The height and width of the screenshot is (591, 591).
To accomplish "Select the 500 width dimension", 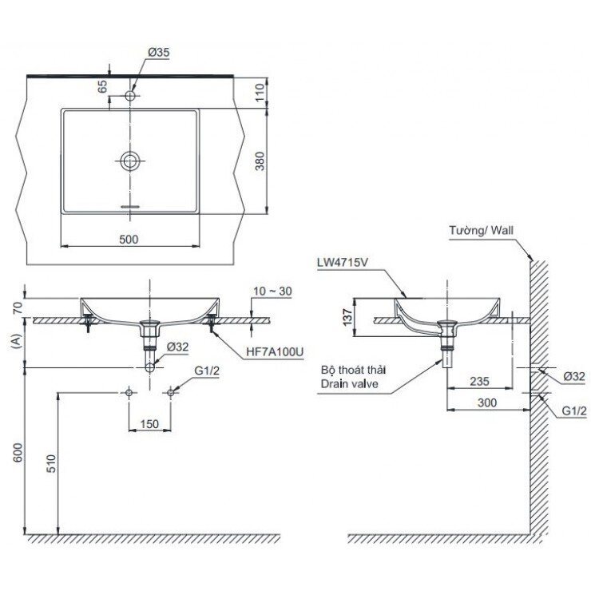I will (129, 239).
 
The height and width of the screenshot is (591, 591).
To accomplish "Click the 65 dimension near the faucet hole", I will (102, 86).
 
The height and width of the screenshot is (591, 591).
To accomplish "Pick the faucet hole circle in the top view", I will (131, 96).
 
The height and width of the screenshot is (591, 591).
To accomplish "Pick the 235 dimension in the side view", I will (480, 382).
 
